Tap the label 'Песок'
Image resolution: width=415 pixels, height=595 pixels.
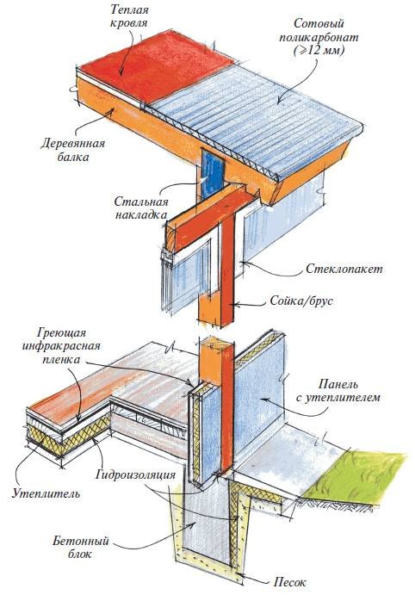[288, 581]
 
